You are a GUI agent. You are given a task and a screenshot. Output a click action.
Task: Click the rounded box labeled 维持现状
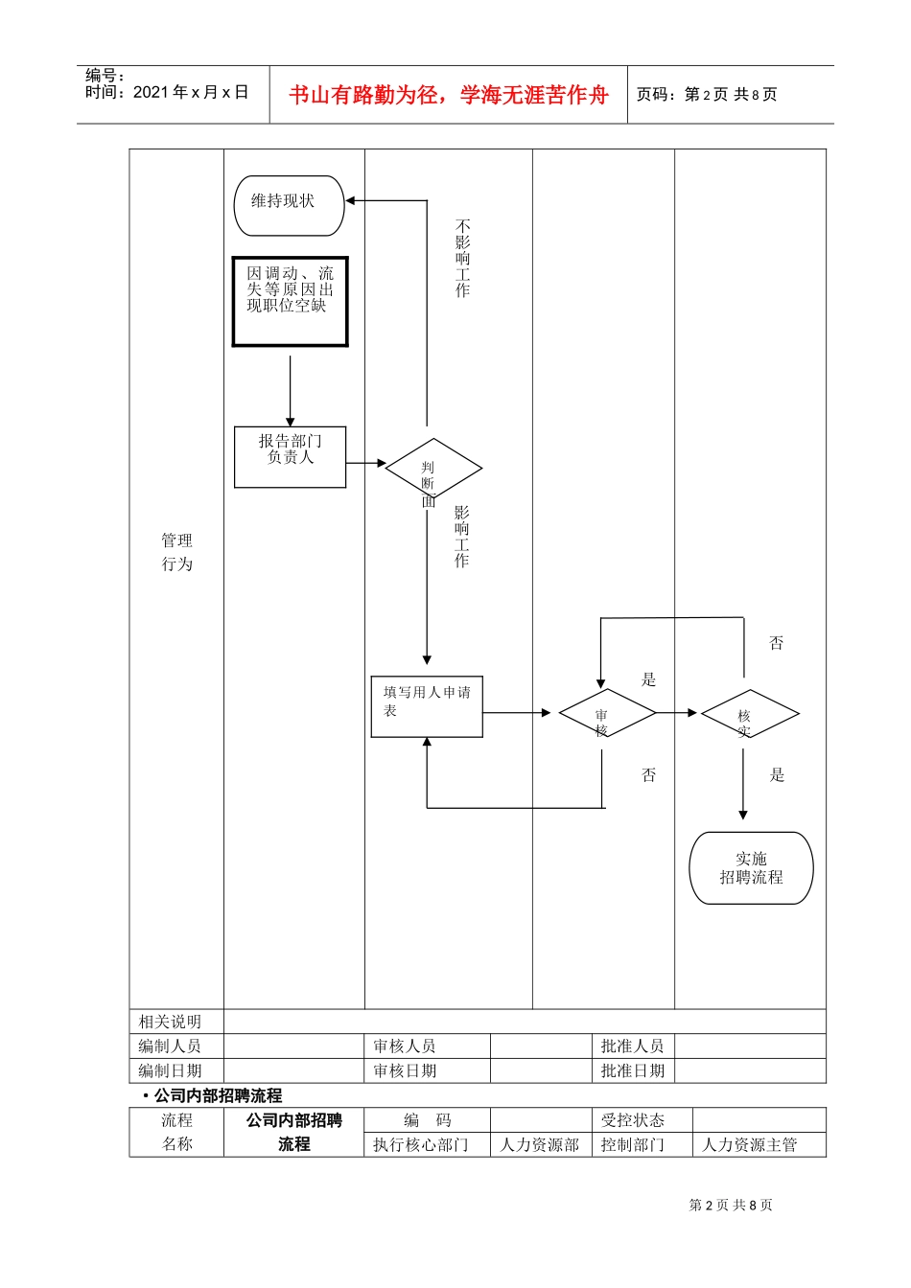point(289,205)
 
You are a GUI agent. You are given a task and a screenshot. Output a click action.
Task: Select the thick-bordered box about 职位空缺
point(290,301)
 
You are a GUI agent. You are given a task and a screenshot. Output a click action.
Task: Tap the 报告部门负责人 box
point(290,457)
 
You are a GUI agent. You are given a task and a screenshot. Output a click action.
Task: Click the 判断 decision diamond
point(433,469)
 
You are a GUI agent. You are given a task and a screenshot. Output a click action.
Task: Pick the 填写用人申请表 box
point(427,706)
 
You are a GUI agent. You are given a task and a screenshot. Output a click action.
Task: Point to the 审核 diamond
point(607,713)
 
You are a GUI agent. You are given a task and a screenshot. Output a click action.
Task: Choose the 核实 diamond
point(750,713)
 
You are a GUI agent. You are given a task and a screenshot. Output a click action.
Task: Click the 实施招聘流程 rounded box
point(751,868)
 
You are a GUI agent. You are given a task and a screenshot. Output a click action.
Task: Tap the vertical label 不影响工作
point(462,259)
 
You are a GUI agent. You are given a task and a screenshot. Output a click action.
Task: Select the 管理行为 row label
point(176,553)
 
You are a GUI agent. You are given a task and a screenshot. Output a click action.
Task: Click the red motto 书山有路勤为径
point(448,95)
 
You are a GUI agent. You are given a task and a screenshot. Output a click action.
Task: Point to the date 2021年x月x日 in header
point(190,93)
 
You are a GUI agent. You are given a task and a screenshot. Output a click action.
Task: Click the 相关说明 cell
point(171,1022)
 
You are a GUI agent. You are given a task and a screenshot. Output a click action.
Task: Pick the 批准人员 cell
point(632,1046)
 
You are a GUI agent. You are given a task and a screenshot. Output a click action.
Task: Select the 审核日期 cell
point(405,1071)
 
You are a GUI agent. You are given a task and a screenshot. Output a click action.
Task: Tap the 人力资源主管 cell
point(749,1145)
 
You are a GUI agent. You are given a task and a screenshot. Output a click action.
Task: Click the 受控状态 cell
point(632,1120)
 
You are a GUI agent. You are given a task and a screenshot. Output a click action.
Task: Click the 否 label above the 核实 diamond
point(777,643)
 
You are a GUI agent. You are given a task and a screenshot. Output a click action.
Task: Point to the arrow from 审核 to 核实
point(677,713)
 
